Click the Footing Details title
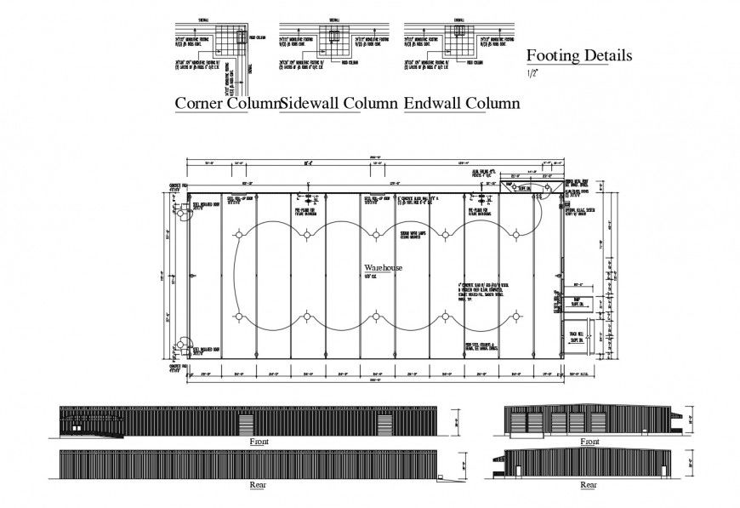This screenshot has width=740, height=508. (x=578, y=56)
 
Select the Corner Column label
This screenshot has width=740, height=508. (x=227, y=104)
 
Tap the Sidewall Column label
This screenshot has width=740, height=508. (x=339, y=104)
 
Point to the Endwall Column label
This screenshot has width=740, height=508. (x=462, y=104)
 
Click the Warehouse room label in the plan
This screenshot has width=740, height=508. (x=383, y=267)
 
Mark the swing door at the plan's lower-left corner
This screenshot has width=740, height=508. (x=180, y=347)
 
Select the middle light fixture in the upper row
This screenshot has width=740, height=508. (x=375, y=235)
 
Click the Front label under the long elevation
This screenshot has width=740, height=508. (x=259, y=442)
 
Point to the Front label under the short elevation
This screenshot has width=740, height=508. (x=589, y=442)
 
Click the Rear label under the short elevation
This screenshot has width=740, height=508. (x=589, y=485)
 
